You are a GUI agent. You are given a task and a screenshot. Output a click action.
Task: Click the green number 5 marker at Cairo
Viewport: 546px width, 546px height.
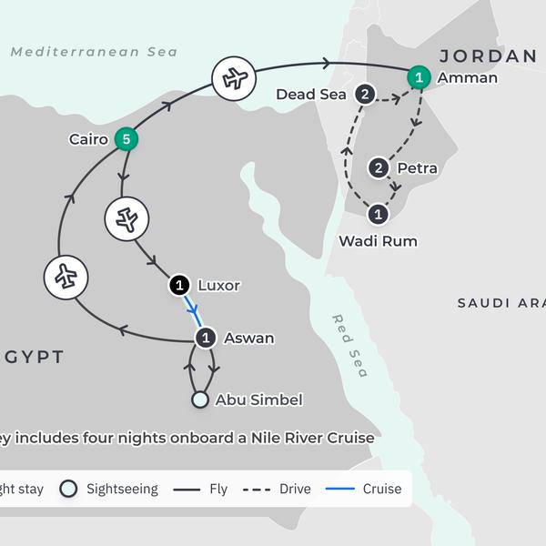click(126, 139)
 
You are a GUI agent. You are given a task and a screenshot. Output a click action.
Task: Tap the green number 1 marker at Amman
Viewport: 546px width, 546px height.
click(418, 77)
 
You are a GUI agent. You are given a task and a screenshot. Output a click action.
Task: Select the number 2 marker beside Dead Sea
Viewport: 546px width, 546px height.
click(365, 95)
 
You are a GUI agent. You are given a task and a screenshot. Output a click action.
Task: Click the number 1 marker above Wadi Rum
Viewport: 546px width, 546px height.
click(379, 215)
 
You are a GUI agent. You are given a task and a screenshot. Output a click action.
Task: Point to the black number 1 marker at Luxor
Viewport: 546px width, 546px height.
click(179, 286)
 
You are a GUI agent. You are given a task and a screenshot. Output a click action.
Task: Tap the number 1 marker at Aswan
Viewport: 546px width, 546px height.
click(206, 338)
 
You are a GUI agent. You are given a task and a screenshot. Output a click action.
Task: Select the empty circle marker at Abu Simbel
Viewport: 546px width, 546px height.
click(199, 399)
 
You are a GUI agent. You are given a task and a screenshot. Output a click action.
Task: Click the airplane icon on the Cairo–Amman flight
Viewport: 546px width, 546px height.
click(235, 79)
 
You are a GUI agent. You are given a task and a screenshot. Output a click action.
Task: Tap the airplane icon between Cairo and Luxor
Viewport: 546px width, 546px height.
click(127, 218)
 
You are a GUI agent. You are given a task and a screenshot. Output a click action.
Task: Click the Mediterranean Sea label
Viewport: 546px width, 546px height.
click(94, 52)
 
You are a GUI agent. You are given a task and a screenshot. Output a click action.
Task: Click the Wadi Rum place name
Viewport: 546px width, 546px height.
click(378, 241)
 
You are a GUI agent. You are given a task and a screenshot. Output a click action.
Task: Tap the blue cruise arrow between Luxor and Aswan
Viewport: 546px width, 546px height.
click(193, 311)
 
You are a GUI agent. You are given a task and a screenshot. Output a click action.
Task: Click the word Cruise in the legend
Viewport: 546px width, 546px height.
click(381, 489)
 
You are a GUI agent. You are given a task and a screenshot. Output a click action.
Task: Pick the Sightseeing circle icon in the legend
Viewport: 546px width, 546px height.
click(67, 489)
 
